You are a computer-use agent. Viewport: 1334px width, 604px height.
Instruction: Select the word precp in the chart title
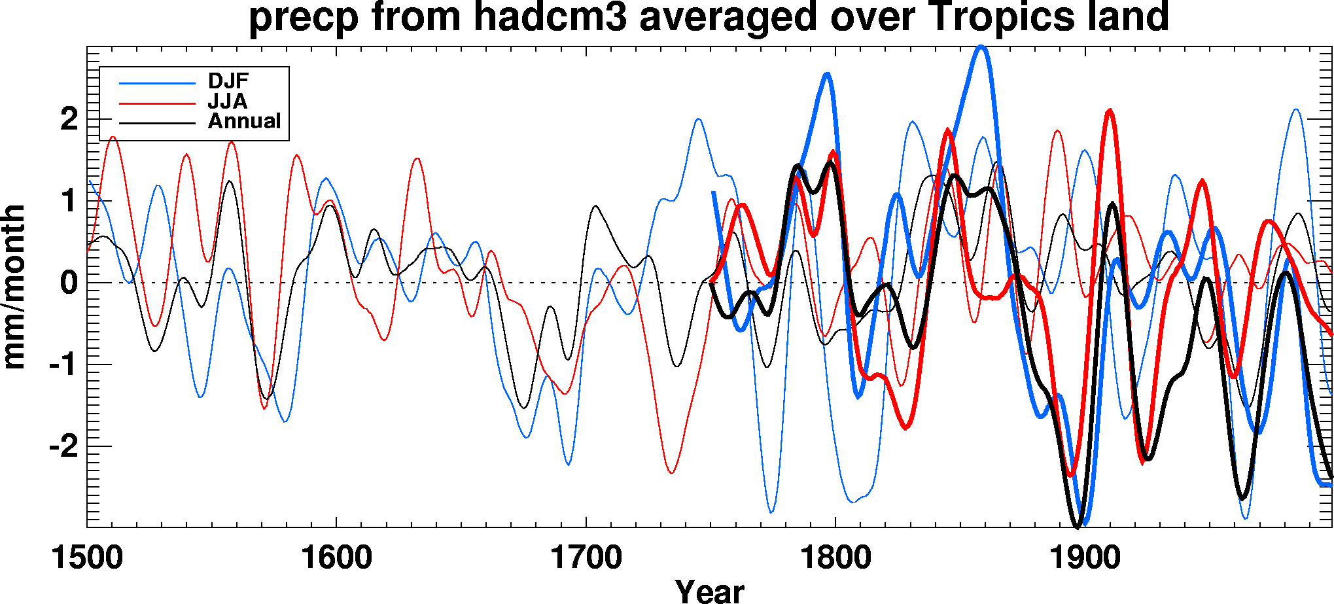[304, 18]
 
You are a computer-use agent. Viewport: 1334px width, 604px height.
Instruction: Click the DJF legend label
[228, 81]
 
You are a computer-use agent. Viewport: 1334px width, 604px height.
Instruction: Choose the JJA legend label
[227, 101]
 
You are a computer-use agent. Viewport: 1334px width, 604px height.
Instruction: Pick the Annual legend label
[244, 122]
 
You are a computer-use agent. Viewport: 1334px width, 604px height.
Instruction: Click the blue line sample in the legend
[157, 83]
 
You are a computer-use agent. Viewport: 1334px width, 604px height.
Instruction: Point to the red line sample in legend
[157, 103]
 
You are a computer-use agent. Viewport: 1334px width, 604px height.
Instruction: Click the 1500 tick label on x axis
[87, 558]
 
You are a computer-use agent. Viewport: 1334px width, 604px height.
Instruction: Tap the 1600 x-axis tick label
[336, 558]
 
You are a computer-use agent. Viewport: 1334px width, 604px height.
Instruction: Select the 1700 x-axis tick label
[586, 558]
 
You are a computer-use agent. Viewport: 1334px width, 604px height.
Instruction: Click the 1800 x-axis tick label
[835, 558]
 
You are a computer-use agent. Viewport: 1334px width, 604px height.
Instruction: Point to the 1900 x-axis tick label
[1085, 558]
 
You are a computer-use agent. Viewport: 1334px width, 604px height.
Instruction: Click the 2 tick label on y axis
[69, 119]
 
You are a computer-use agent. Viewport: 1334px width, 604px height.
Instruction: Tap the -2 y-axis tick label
[63, 447]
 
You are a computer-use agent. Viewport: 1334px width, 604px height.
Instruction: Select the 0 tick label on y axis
[69, 283]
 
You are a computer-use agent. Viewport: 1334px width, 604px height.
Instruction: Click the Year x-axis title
[709, 591]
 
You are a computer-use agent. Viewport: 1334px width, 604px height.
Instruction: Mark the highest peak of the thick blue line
[980, 47]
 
